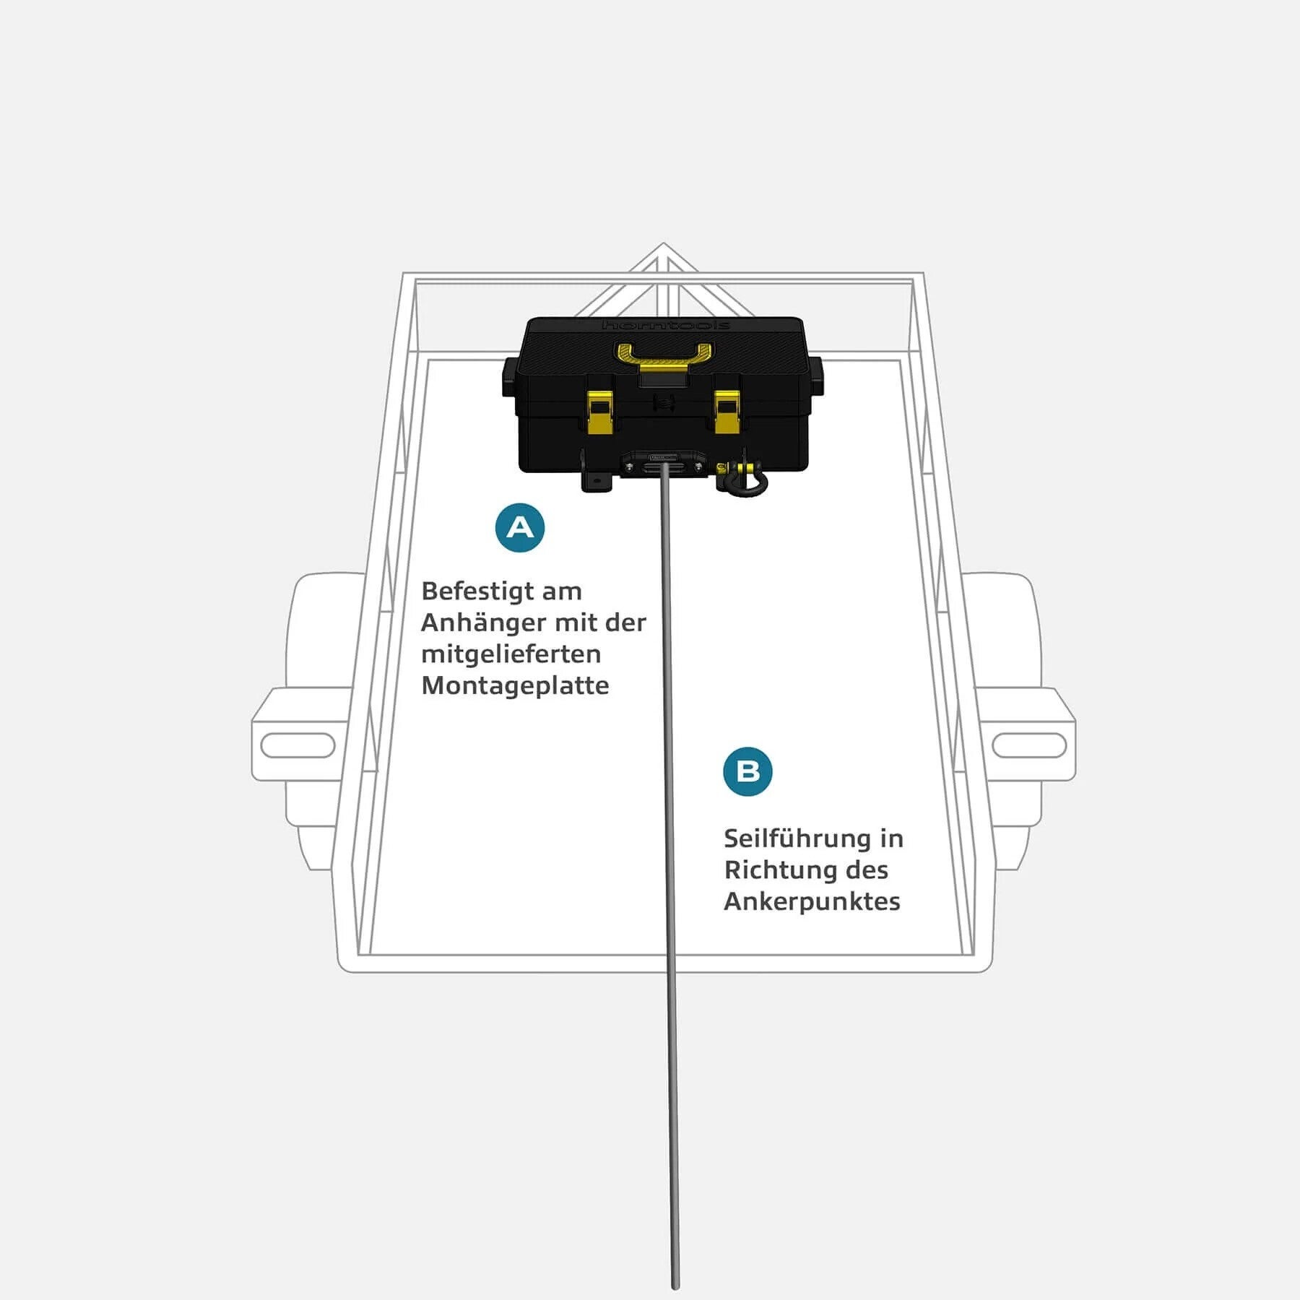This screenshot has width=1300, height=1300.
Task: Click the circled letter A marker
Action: coord(520,528)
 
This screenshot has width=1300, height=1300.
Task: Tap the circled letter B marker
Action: coord(747,771)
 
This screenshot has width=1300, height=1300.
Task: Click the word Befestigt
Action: coord(479,591)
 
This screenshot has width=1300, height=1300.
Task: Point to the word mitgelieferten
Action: coord(511,654)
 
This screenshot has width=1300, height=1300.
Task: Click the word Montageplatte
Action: coord(515,685)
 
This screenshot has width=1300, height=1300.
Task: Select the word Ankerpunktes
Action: coord(812,901)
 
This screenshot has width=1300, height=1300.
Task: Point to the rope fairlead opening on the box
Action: coord(664,467)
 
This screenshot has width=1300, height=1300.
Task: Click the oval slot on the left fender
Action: coord(298,745)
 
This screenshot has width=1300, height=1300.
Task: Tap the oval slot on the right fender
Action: coord(1029,745)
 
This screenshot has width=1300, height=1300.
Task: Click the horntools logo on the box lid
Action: coord(665,325)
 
